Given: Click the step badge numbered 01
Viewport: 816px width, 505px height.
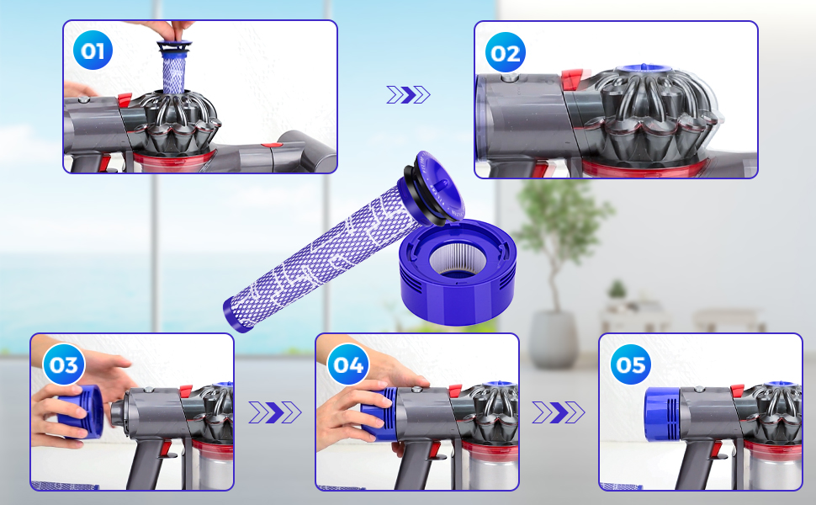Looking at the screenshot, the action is pos(93,50).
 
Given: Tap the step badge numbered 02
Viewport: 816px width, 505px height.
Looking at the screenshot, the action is pos(505,52).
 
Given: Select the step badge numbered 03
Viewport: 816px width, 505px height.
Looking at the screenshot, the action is pos(63,364).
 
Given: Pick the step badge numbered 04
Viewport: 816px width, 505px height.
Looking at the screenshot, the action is pos(348,364).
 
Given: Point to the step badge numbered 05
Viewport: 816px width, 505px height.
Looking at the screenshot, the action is pos(631,364).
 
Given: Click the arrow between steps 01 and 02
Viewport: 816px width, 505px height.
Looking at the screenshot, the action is pos(409,95).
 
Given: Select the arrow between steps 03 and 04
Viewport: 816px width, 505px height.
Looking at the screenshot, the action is pos(275,412).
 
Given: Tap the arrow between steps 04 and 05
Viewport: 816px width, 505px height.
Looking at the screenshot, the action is pos(559,412).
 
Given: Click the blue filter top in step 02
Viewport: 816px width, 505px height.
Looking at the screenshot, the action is pos(644,70).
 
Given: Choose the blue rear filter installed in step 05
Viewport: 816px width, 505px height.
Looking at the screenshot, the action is pos(662,414).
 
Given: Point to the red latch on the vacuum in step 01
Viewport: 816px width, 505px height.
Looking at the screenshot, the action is pos(125,99).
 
